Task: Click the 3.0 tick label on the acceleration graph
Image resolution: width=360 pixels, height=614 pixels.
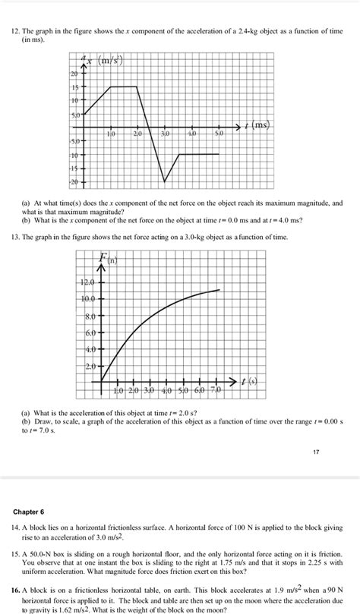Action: (166, 134)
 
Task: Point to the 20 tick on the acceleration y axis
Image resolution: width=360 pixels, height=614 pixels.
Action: (74, 75)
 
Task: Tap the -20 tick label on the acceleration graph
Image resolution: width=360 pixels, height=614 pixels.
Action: (73, 183)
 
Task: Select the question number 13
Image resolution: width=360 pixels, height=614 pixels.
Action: (25, 238)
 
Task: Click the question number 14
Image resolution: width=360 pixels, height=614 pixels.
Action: (25, 525)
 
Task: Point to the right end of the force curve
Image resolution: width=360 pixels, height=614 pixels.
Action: (220, 290)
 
